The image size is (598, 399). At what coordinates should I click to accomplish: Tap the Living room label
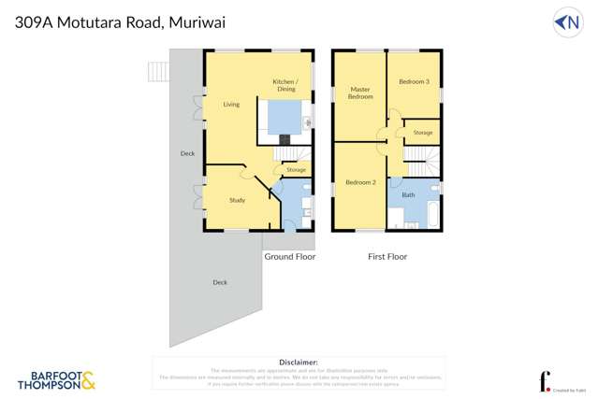tap(231, 105)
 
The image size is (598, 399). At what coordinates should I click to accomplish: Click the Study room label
tap(237, 200)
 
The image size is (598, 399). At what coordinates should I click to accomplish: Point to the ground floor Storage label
tap(296, 170)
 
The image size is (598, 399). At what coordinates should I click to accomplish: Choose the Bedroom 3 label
tap(414, 82)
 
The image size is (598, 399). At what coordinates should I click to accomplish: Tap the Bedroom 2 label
tap(360, 181)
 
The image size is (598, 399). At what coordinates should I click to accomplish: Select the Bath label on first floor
tap(408, 195)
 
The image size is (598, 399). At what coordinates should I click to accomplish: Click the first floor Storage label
tap(423, 133)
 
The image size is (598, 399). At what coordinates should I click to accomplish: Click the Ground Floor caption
tap(290, 256)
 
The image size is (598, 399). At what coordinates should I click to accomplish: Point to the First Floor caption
tap(387, 256)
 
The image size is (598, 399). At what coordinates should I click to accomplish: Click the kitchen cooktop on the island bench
tap(284, 139)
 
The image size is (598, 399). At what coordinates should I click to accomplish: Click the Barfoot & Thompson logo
tap(57, 379)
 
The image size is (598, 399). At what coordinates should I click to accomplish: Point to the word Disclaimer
tap(299, 361)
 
